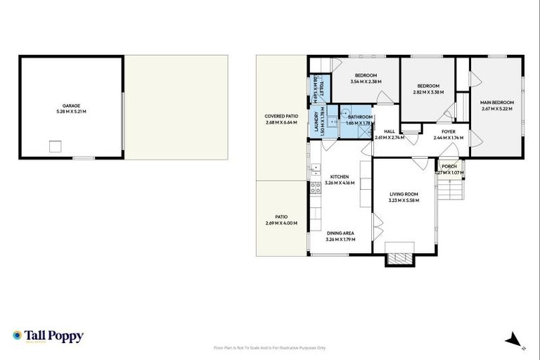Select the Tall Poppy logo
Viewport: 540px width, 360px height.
(x=48, y=336)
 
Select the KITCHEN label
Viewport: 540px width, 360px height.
(x=340, y=176)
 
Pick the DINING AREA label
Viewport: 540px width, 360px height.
(x=340, y=233)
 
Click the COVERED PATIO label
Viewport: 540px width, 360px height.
(x=281, y=116)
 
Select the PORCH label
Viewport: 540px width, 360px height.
(x=449, y=166)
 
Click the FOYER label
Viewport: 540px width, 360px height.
(x=449, y=131)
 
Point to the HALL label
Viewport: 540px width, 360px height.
(x=388, y=131)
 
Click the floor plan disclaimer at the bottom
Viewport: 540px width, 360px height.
(x=269, y=347)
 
